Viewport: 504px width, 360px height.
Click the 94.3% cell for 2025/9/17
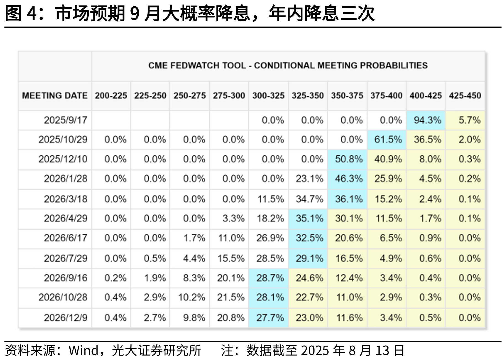click(x=427, y=120)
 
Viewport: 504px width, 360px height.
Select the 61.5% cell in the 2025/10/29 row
click(x=388, y=140)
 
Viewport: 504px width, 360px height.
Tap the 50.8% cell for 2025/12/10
click(x=349, y=159)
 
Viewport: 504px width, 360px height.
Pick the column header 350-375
click(x=347, y=96)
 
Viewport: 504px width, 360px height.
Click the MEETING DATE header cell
click(x=55, y=96)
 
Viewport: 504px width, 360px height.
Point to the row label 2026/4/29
click(x=65, y=218)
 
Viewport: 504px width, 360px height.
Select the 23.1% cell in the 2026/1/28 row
click(x=309, y=179)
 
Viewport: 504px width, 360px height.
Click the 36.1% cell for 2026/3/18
click(x=349, y=199)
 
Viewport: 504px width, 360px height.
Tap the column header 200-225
click(x=111, y=96)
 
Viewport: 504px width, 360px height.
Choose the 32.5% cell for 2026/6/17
click(x=309, y=238)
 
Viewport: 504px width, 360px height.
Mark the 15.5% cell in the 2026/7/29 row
click(x=231, y=259)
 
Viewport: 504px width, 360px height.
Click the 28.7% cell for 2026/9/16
click(x=270, y=278)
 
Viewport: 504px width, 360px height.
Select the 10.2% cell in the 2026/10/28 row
click(x=191, y=298)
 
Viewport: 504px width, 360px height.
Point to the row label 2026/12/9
click(x=65, y=318)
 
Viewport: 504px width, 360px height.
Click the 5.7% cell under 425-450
click(x=469, y=120)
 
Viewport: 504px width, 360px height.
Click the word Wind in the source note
click(x=83, y=351)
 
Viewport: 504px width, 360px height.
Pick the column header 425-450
click(x=465, y=96)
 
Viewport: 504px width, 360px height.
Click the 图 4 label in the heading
click(x=21, y=13)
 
